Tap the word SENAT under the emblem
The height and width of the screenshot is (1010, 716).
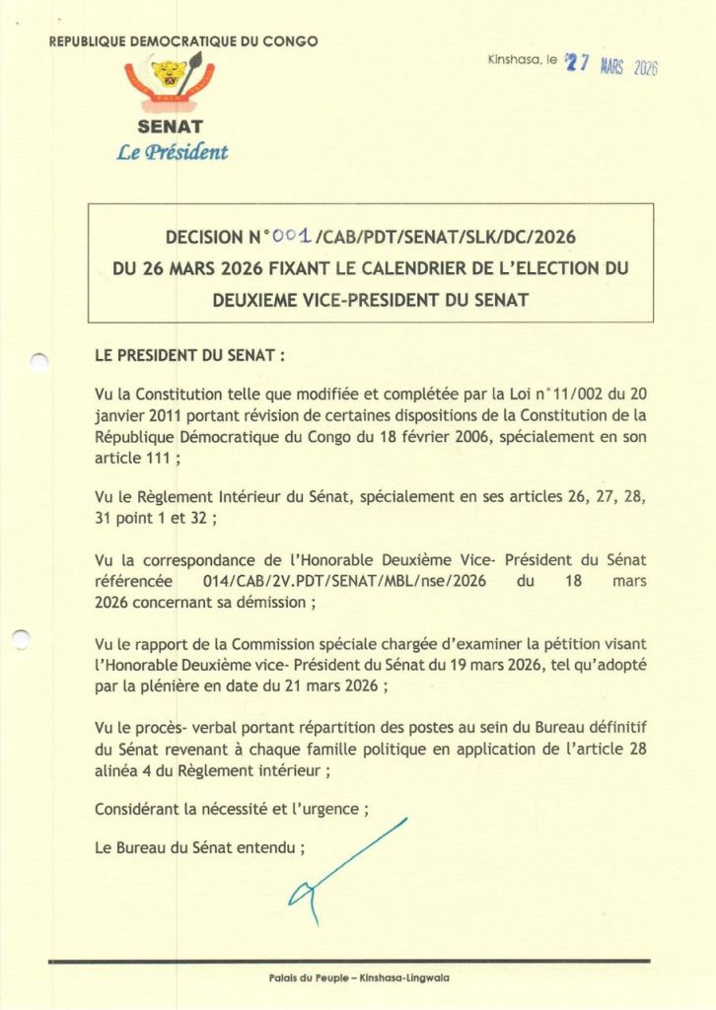point(171,126)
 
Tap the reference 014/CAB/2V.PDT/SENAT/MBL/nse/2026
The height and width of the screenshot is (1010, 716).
point(336,582)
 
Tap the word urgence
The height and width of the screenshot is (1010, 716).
point(329,811)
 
